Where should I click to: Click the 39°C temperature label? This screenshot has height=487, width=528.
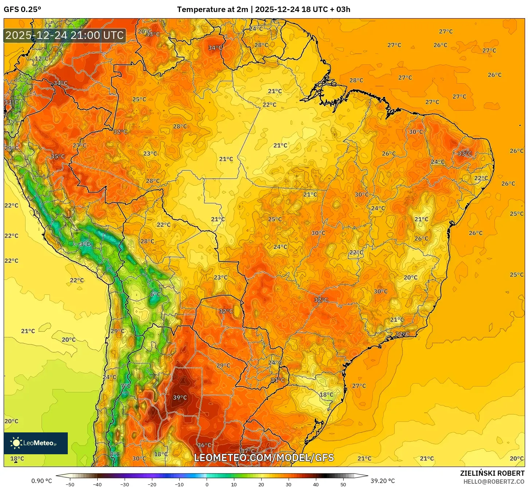point(180,397)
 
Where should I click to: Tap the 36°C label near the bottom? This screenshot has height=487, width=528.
point(204,445)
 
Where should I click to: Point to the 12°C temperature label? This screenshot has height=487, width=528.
point(42,59)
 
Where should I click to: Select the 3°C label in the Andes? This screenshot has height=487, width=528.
point(85,244)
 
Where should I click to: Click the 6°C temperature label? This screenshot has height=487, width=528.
point(155,294)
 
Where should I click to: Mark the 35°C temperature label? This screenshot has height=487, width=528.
point(58,157)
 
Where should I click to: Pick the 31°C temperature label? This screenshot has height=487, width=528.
point(277,380)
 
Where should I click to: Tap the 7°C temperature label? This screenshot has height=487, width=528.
point(125,386)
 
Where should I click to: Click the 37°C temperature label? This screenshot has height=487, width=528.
point(247,451)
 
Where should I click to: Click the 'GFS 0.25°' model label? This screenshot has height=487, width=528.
point(22,9)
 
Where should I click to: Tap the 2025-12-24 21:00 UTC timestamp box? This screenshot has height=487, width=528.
point(64,35)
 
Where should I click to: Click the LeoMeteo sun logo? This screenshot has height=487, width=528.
point(16,443)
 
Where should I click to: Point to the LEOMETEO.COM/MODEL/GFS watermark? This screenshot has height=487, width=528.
point(264,458)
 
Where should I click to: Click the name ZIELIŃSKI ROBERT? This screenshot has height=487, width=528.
point(492,473)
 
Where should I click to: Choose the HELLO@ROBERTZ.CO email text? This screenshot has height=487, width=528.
point(493,482)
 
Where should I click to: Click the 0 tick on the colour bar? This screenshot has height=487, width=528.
point(207,484)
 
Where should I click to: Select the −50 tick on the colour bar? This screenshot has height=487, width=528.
point(70,484)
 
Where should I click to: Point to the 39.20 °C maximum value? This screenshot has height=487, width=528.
point(383,481)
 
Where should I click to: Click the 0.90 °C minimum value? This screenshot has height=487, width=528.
point(42,481)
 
